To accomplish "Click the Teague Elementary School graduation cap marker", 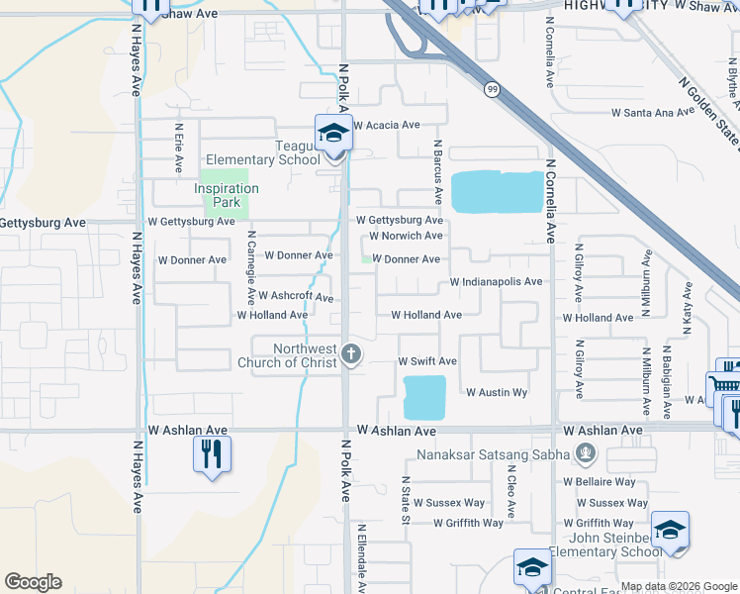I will [333, 134].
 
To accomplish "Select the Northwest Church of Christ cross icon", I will [350, 354].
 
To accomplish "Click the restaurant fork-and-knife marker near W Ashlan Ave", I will [210, 453].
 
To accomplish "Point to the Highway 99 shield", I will [492, 90].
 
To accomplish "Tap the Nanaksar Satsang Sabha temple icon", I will [586, 454].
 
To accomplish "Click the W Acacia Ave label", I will [387, 125].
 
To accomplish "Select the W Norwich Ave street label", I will [406, 236].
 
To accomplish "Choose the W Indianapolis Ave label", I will [496, 282].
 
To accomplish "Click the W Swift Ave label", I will [427, 362].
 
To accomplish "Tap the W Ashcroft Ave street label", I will [295, 296].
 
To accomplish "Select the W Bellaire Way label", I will [600, 482].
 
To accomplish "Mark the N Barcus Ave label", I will [436, 162].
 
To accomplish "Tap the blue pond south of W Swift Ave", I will [424, 397].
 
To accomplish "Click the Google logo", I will [33, 582].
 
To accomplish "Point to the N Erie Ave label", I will [179, 145].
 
